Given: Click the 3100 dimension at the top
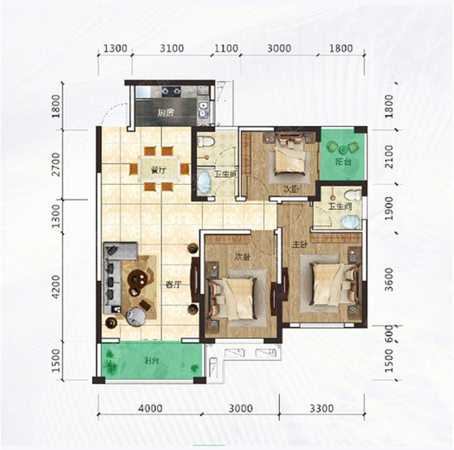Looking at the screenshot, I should pyautogui.click(x=172, y=49).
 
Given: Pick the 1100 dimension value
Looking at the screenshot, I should pyautogui.click(x=226, y=49).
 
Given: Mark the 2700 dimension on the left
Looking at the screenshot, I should pyautogui.click(x=55, y=165).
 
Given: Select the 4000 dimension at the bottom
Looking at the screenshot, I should pyautogui.click(x=150, y=408).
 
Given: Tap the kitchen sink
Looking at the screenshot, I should pyautogui.click(x=203, y=109).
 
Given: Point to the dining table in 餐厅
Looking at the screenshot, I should pyautogui.click(x=159, y=169).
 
